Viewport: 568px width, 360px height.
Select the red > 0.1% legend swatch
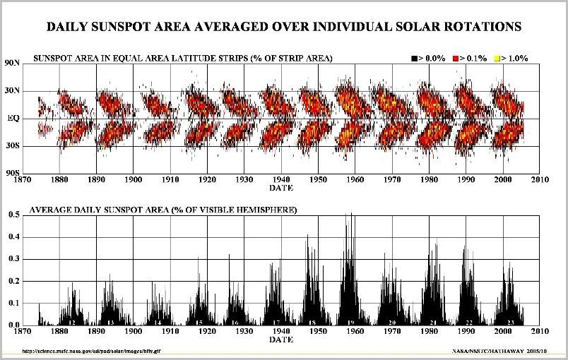455,58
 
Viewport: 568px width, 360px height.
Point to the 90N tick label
13,64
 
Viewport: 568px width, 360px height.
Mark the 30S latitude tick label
13,146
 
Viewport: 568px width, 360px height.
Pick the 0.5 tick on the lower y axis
14,215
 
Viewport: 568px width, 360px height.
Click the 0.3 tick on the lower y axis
14,258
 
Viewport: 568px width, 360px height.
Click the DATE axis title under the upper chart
283,188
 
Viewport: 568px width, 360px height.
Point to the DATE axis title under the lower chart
283,339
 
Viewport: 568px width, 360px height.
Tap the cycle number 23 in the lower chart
510,322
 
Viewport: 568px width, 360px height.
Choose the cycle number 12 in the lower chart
72,322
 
